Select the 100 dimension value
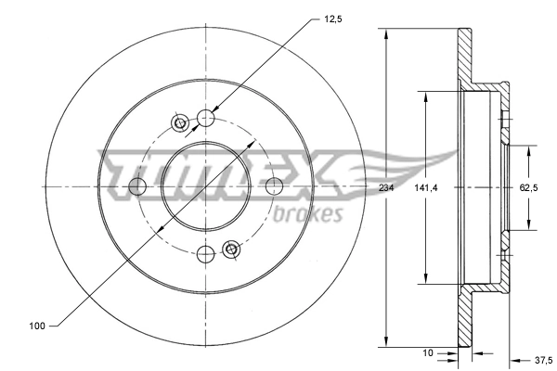tap(37, 326)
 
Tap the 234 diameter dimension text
tap(385, 188)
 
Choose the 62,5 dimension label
tap(528, 188)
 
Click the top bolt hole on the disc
tap(206, 118)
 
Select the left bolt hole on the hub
tap(137, 186)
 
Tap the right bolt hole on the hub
tap(275, 186)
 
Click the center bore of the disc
tap(206, 186)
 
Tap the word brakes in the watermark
tap(309, 214)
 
